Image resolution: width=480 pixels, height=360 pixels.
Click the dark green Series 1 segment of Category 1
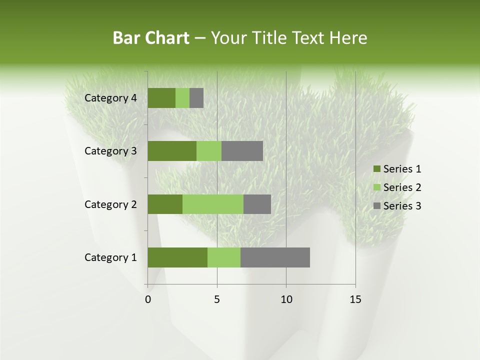point(177,257)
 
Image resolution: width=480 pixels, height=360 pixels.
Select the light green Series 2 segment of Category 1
point(224,257)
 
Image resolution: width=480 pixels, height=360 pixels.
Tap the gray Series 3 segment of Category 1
point(275,257)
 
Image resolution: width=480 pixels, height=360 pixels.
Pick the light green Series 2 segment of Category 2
point(213,204)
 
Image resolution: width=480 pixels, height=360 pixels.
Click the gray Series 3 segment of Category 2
point(257,204)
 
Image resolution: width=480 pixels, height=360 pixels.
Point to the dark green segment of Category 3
point(172,151)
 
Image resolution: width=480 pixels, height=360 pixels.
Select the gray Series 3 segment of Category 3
point(242,151)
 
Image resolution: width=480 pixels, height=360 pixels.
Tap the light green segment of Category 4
point(182,98)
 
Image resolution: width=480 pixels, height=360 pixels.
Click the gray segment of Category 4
point(196,98)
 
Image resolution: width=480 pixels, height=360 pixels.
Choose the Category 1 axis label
point(110,257)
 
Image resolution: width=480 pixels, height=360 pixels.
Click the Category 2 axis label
point(110,204)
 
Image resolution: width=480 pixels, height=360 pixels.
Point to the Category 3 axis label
point(110,151)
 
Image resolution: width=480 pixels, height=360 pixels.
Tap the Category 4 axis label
point(110,98)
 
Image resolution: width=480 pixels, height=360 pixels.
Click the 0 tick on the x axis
point(148,299)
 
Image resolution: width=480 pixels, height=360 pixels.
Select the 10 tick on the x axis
point(286,299)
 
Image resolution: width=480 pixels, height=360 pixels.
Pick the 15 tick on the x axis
point(355,299)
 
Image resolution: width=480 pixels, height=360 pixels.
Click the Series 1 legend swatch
point(376,169)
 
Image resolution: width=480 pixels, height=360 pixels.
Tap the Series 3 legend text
point(402,206)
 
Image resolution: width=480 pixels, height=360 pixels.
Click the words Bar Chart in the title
point(151,38)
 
